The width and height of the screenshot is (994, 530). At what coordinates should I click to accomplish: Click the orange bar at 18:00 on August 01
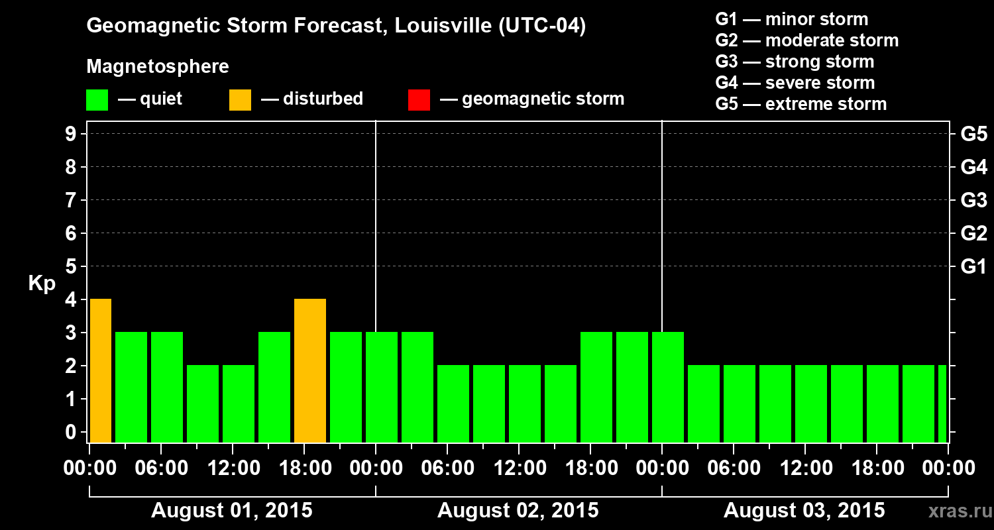[x=310, y=371]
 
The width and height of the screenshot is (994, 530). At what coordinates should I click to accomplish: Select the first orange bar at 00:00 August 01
[x=100, y=371]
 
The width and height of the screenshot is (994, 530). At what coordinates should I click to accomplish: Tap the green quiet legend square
[x=97, y=99]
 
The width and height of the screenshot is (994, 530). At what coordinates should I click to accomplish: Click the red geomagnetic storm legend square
[x=419, y=99]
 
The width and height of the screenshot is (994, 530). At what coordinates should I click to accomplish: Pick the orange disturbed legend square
[x=240, y=99]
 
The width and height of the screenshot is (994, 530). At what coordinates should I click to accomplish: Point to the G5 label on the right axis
[x=973, y=134]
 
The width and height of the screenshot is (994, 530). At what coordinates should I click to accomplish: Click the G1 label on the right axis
[x=973, y=267]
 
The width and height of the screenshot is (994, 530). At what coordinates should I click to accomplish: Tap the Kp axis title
[x=41, y=284]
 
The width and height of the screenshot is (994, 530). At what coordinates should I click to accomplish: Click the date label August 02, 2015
[x=518, y=511]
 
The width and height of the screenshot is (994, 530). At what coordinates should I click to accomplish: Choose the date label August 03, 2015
[x=804, y=511]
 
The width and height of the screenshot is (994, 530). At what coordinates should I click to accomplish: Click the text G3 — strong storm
[x=795, y=62]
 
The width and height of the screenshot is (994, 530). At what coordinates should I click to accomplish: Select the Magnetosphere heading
[x=158, y=67]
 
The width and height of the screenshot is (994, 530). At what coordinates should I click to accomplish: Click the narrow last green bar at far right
[x=942, y=404]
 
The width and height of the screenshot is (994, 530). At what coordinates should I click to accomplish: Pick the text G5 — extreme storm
[x=801, y=104]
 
